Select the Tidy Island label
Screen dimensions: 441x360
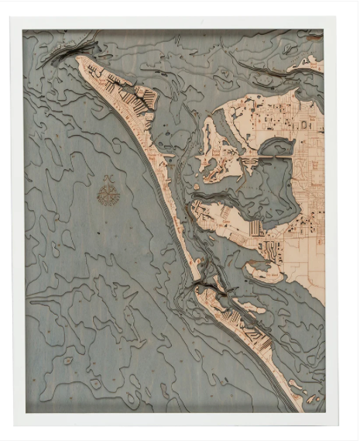[259, 272]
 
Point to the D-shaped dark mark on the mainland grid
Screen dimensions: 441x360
[304, 124]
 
